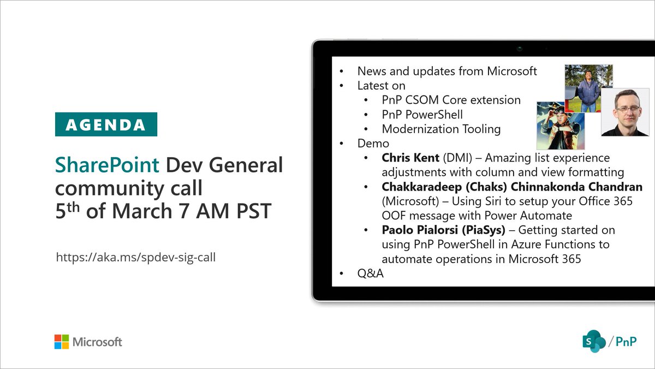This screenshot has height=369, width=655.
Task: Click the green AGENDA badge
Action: [x=106, y=124]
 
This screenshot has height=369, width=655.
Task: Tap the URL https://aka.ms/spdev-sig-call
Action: [x=136, y=257]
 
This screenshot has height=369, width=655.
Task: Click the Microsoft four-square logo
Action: [x=61, y=342]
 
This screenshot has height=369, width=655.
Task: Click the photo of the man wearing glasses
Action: [x=624, y=112]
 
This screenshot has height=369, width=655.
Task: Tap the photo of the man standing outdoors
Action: [x=588, y=88]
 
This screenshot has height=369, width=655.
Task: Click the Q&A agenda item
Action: [x=371, y=273]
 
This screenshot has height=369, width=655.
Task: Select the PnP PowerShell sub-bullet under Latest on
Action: [x=422, y=115]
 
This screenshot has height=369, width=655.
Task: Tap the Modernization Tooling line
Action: [x=441, y=129]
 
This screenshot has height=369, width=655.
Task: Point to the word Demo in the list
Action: [x=373, y=144]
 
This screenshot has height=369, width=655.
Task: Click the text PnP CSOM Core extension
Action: [x=451, y=100]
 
